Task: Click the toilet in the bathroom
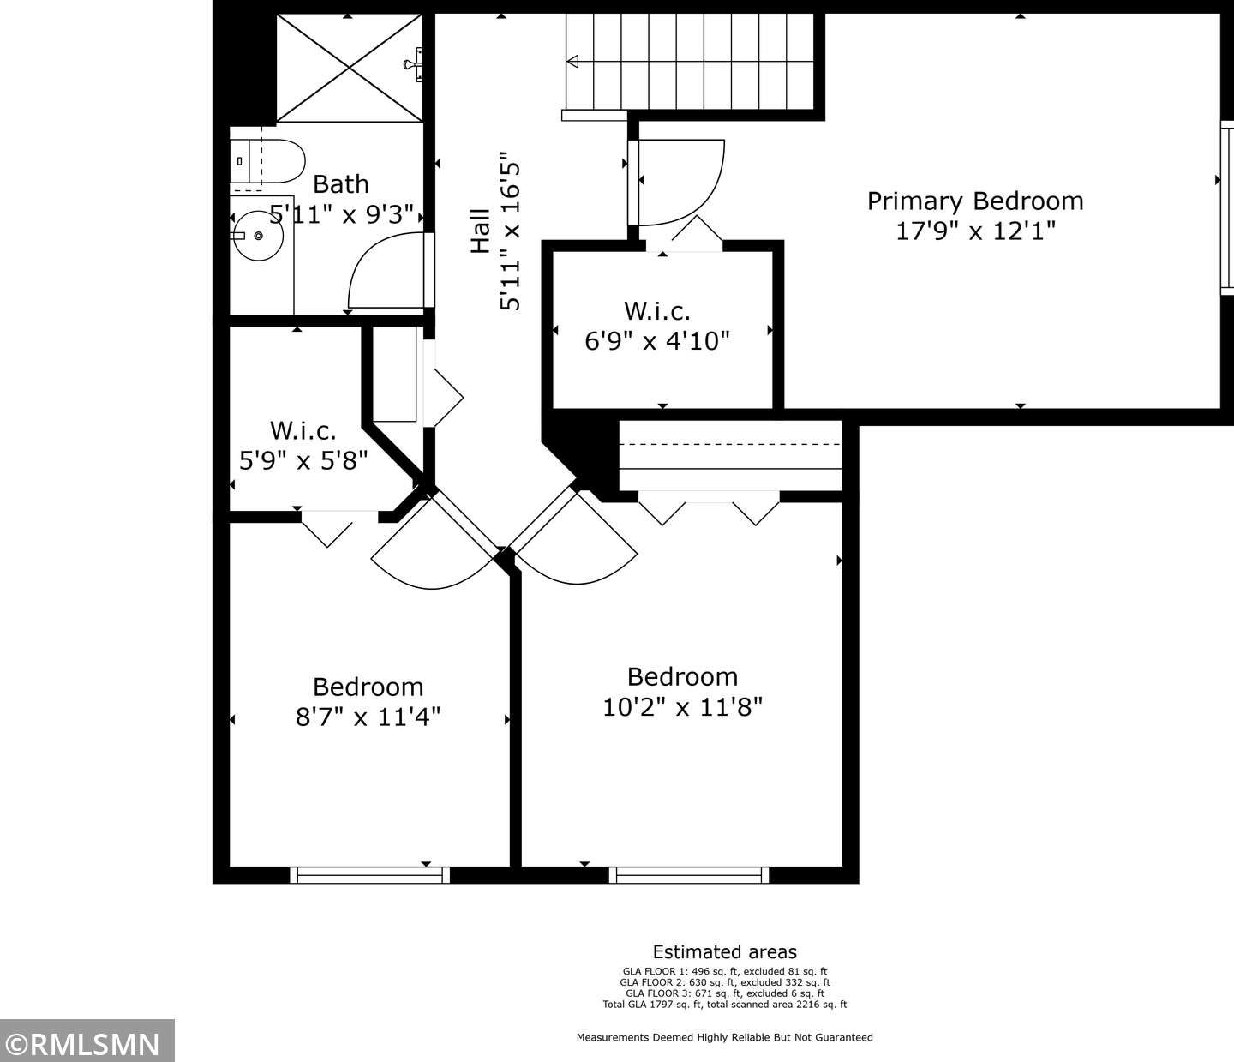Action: coord(267,161)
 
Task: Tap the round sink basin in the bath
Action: coord(258,236)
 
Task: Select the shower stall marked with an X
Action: coord(350,68)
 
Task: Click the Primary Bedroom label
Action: coord(975,201)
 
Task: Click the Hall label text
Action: coord(481,231)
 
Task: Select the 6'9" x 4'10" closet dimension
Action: coord(656,341)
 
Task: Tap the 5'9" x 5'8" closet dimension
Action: coord(303,460)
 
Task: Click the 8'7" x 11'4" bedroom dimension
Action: coord(368,717)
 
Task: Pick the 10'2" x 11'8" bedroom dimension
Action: coord(682,707)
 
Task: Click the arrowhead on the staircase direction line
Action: coord(572,61)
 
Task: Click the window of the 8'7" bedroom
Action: coord(369,875)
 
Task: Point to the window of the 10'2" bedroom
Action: coord(689,875)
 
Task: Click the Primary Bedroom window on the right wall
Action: coord(1227,208)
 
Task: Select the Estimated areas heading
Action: coord(725,951)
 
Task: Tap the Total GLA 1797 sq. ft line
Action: coord(725,1004)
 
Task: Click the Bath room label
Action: coord(341,184)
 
